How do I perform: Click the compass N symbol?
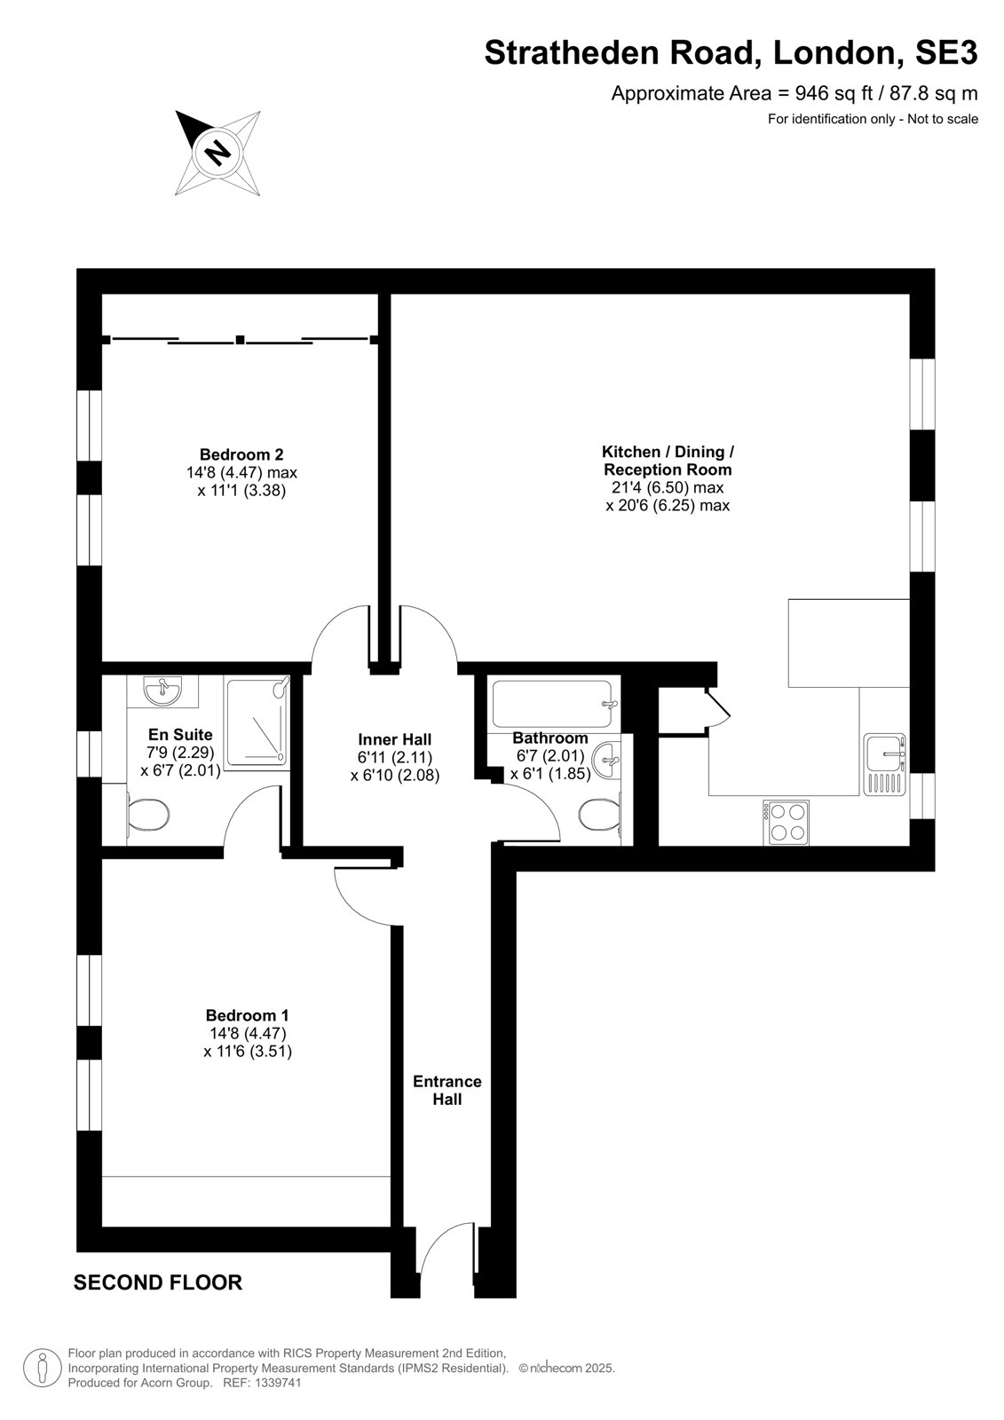click(217, 152)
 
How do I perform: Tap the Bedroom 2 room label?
click(241, 454)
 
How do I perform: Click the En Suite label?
click(180, 734)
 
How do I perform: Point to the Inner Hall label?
click(394, 739)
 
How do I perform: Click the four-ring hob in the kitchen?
click(786, 822)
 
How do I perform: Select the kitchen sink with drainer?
click(884, 764)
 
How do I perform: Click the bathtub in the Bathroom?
click(552, 704)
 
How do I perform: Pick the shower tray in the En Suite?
click(257, 722)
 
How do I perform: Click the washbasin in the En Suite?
click(163, 690)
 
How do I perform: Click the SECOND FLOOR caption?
click(158, 1282)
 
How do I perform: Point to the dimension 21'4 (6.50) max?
click(668, 487)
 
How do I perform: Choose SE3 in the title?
click(946, 52)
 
